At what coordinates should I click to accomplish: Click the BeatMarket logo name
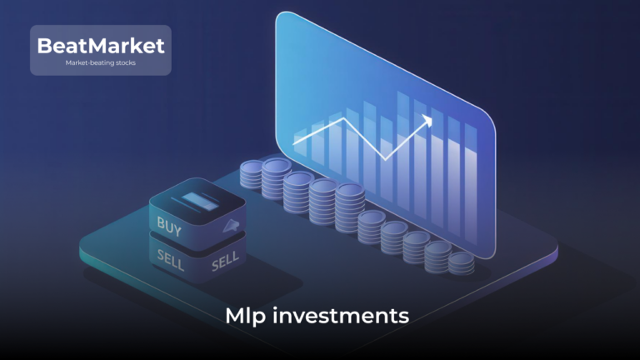[x=101, y=45]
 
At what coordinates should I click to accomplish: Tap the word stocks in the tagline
[x=122, y=62]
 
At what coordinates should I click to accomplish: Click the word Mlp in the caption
[x=241, y=316]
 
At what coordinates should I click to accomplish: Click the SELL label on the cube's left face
[x=170, y=255]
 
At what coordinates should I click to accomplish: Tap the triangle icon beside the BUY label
[x=230, y=225]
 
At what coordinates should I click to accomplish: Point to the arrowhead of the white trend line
[x=428, y=120]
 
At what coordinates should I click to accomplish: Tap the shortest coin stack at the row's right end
[x=461, y=262]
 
